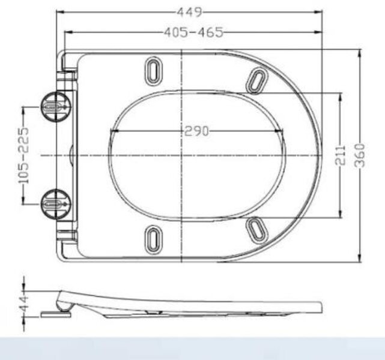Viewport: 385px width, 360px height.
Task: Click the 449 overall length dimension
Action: (x=190, y=11)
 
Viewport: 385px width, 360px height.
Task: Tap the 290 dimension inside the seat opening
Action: (x=196, y=131)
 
